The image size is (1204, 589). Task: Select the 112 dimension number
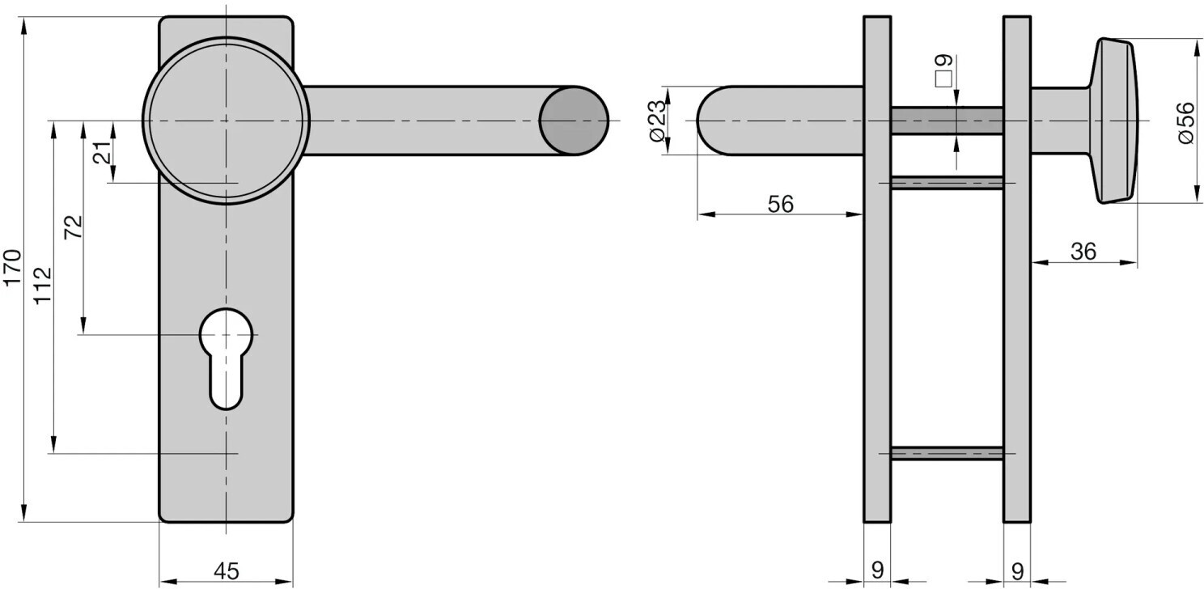tap(42, 286)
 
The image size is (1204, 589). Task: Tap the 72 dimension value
tap(74, 227)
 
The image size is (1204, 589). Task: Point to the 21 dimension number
tap(104, 152)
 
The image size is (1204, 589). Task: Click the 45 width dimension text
tap(227, 570)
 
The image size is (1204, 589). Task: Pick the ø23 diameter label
tap(657, 121)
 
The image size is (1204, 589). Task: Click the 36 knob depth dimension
tap(1083, 251)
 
